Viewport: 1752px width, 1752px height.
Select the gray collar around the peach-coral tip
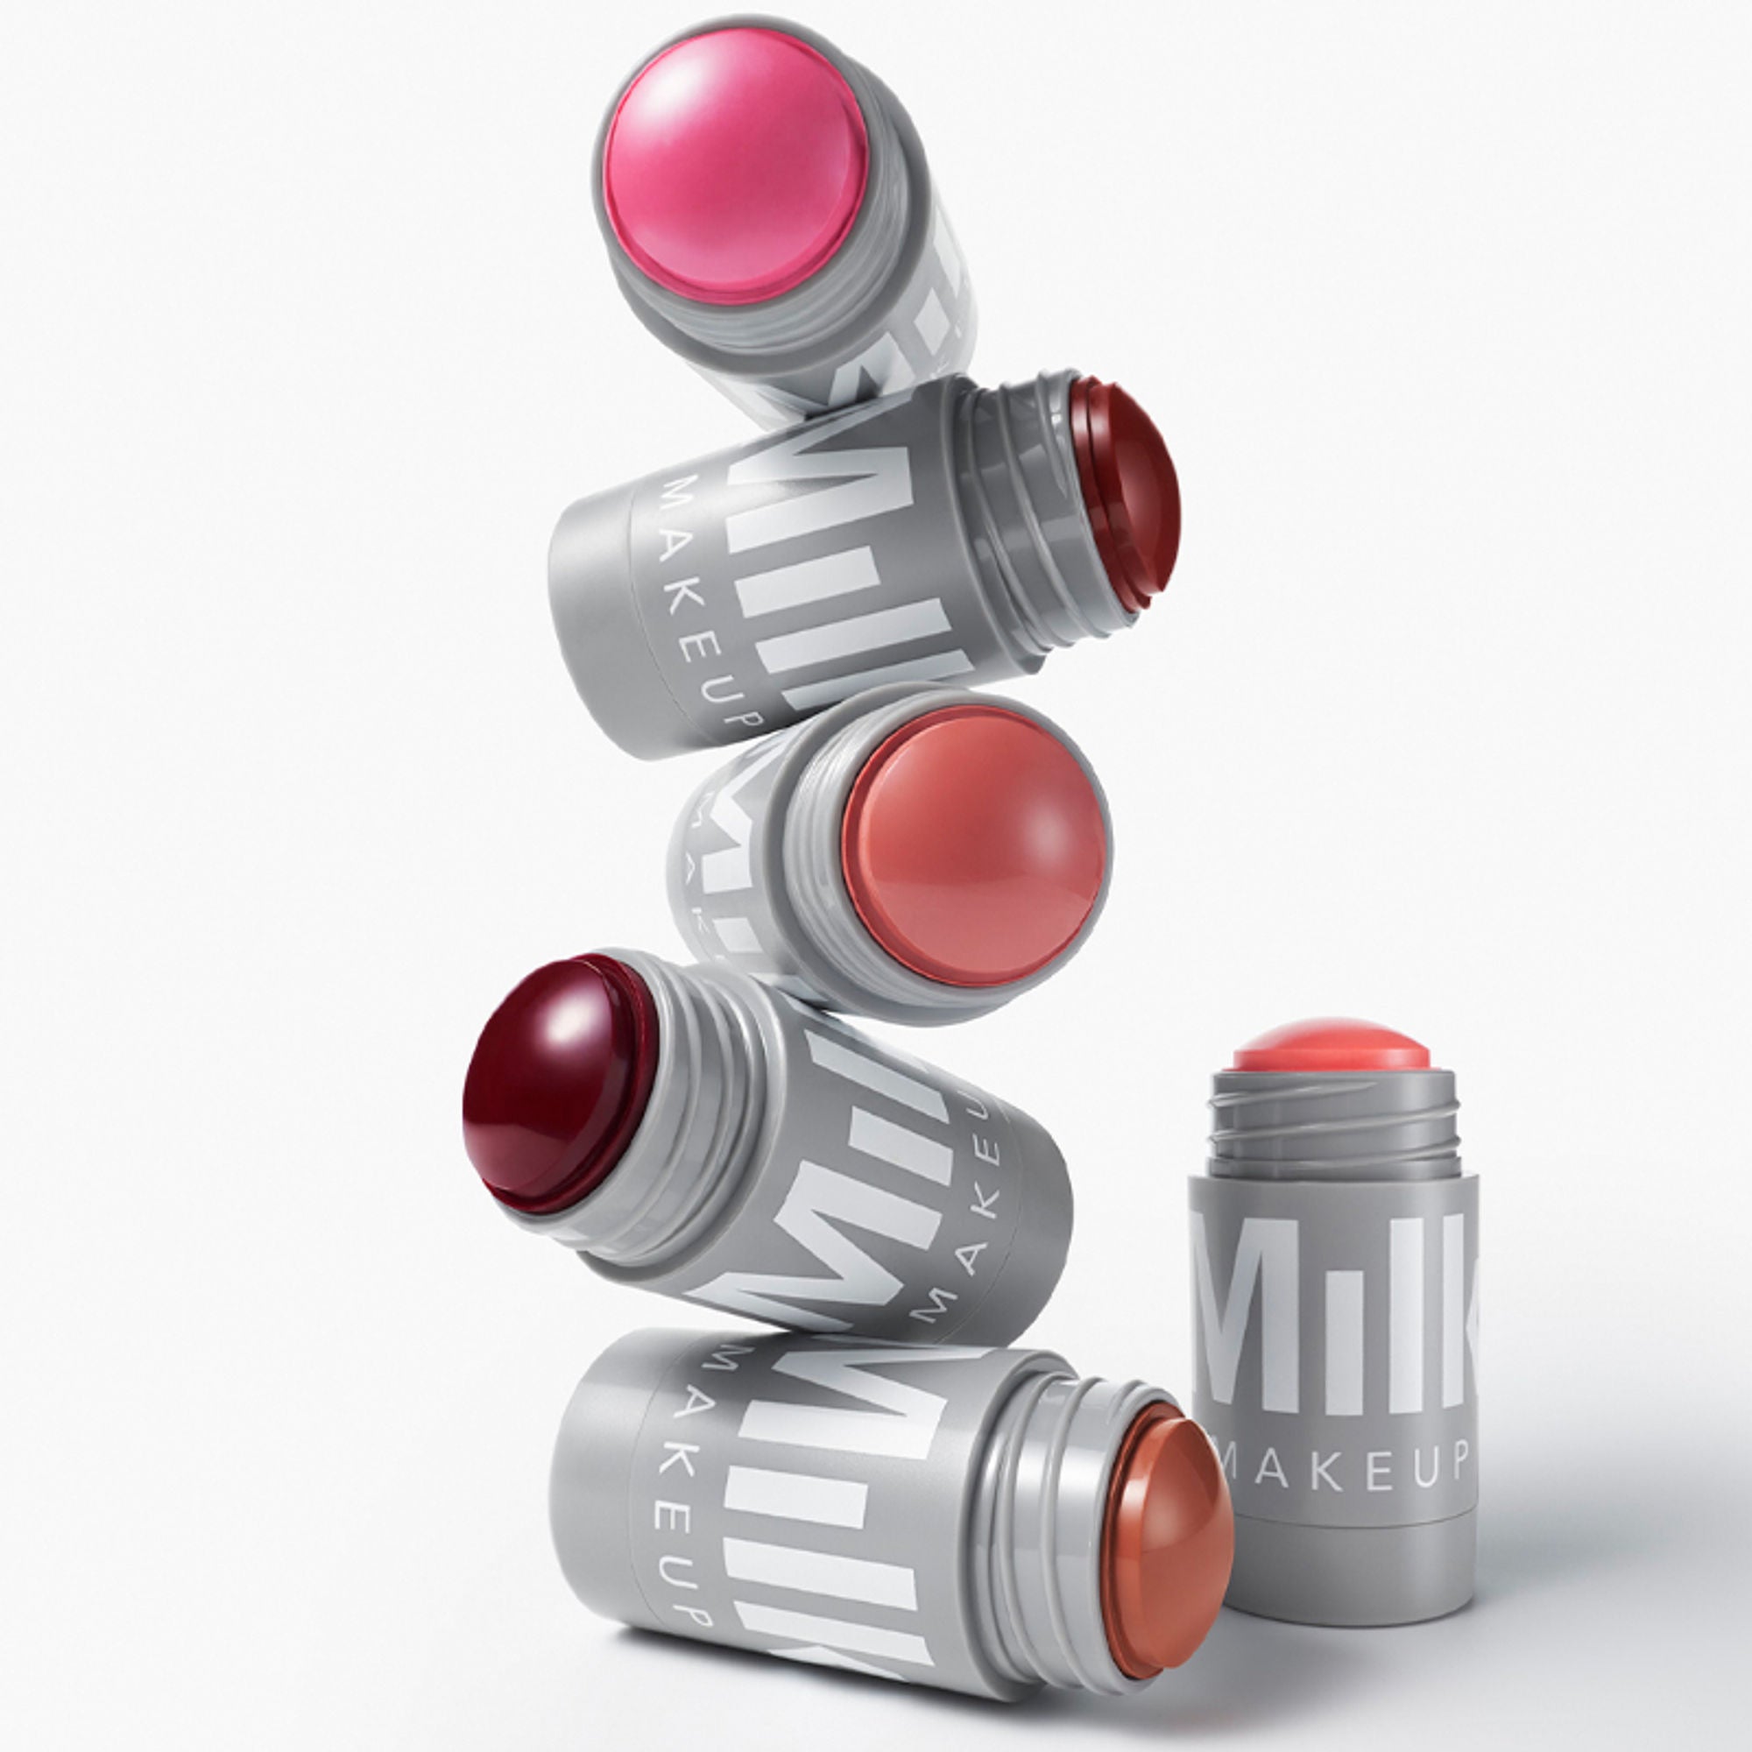coord(807,907)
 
